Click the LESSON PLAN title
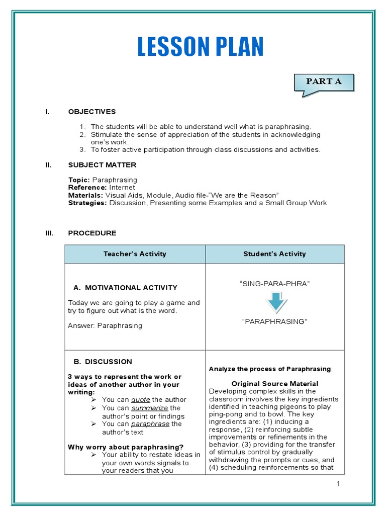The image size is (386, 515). click(200, 48)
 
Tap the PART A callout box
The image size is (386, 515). click(324, 82)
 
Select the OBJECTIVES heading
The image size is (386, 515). click(92, 112)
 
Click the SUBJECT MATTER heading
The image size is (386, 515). click(102, 165)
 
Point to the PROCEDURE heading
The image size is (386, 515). click(92, 233)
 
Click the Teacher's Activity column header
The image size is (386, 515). click(135, 254)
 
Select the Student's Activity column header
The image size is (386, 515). click(274, 254)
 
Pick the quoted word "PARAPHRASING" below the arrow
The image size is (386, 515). click(274, 321)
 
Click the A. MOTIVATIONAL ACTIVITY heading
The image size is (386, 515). click(125, 288)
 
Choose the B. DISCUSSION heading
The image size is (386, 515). click(103, 361)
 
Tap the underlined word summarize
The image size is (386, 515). click(150, 408)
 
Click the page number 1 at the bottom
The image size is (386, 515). click(339, 484)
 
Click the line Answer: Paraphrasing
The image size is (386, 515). click(105, 325)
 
